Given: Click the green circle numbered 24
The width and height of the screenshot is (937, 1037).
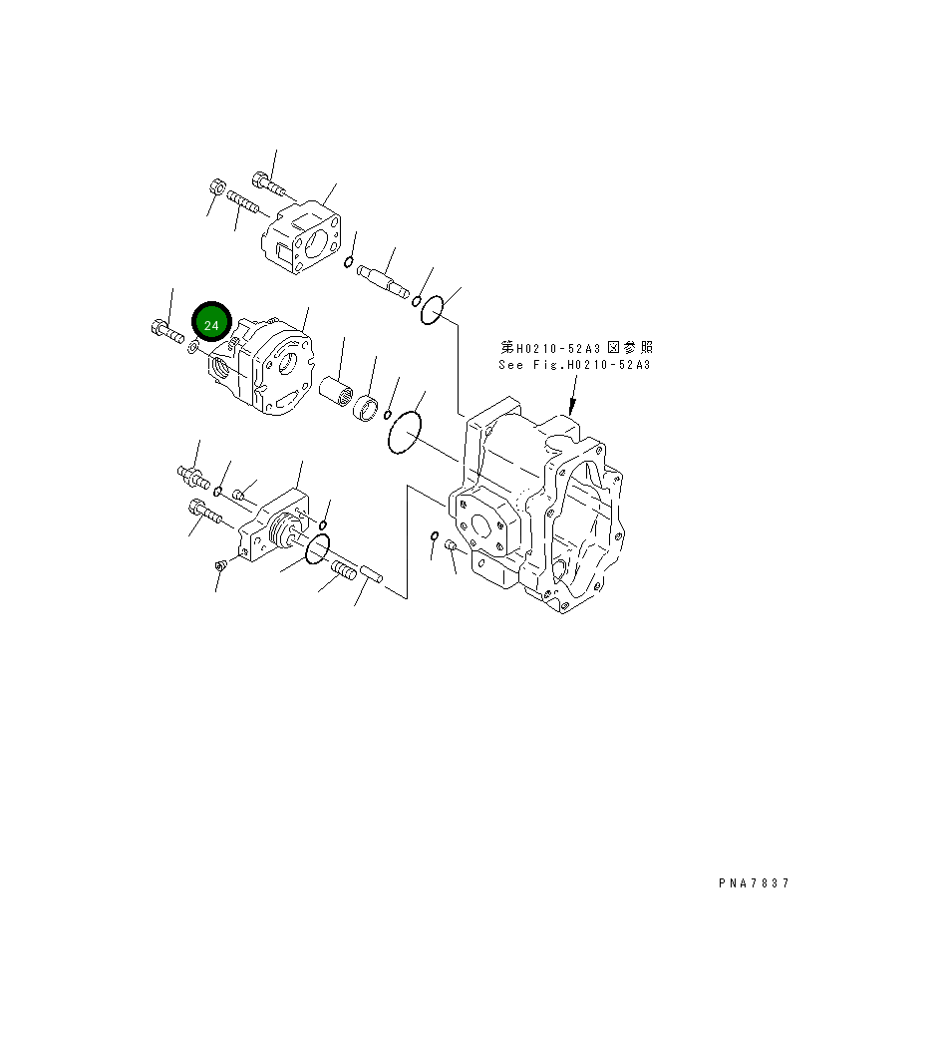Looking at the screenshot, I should [211, 325].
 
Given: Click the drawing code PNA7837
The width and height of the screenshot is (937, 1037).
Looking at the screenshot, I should [753, 883].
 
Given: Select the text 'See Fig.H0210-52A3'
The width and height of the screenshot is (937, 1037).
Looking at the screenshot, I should [574, 365].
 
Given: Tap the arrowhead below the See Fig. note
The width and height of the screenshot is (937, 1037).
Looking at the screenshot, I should [571, 409].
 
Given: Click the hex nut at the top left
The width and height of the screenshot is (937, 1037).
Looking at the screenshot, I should [218, 187].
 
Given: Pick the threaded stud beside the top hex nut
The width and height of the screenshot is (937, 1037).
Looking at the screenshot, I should [243, 202].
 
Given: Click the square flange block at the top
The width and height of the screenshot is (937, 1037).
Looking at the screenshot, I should [303, 236].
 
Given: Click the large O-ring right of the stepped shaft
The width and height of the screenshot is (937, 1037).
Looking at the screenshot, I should [431, 311].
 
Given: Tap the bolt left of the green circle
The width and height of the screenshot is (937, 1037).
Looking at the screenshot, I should [165, 332].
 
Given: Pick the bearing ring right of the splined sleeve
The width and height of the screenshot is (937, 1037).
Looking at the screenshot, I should [369, 409].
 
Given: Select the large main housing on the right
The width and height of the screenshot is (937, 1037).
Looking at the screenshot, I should [538, 509].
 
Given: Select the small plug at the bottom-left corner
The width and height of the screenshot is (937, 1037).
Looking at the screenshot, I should [220, 566].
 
